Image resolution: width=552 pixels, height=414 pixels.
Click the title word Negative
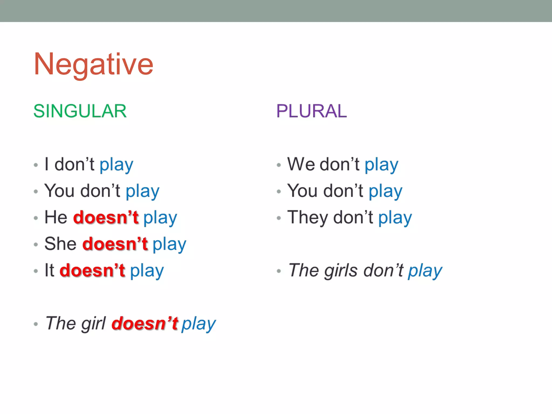click(x=93, y=64)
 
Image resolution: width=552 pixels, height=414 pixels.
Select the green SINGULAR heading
click(x=80, y=111)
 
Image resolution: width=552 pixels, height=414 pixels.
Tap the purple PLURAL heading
click(x=311, y=111)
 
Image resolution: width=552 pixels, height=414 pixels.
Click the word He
click(x=56, y=217)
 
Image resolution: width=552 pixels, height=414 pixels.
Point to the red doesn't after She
click(x=115, y=243)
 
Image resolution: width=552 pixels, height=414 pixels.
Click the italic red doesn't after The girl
click(x=145, y=323)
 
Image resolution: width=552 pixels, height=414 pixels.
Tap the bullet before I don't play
click(x=36, y=165)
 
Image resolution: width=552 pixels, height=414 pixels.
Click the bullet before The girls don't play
click(x=279, y=271)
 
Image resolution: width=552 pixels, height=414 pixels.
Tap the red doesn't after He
click(x=106, y=217)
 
